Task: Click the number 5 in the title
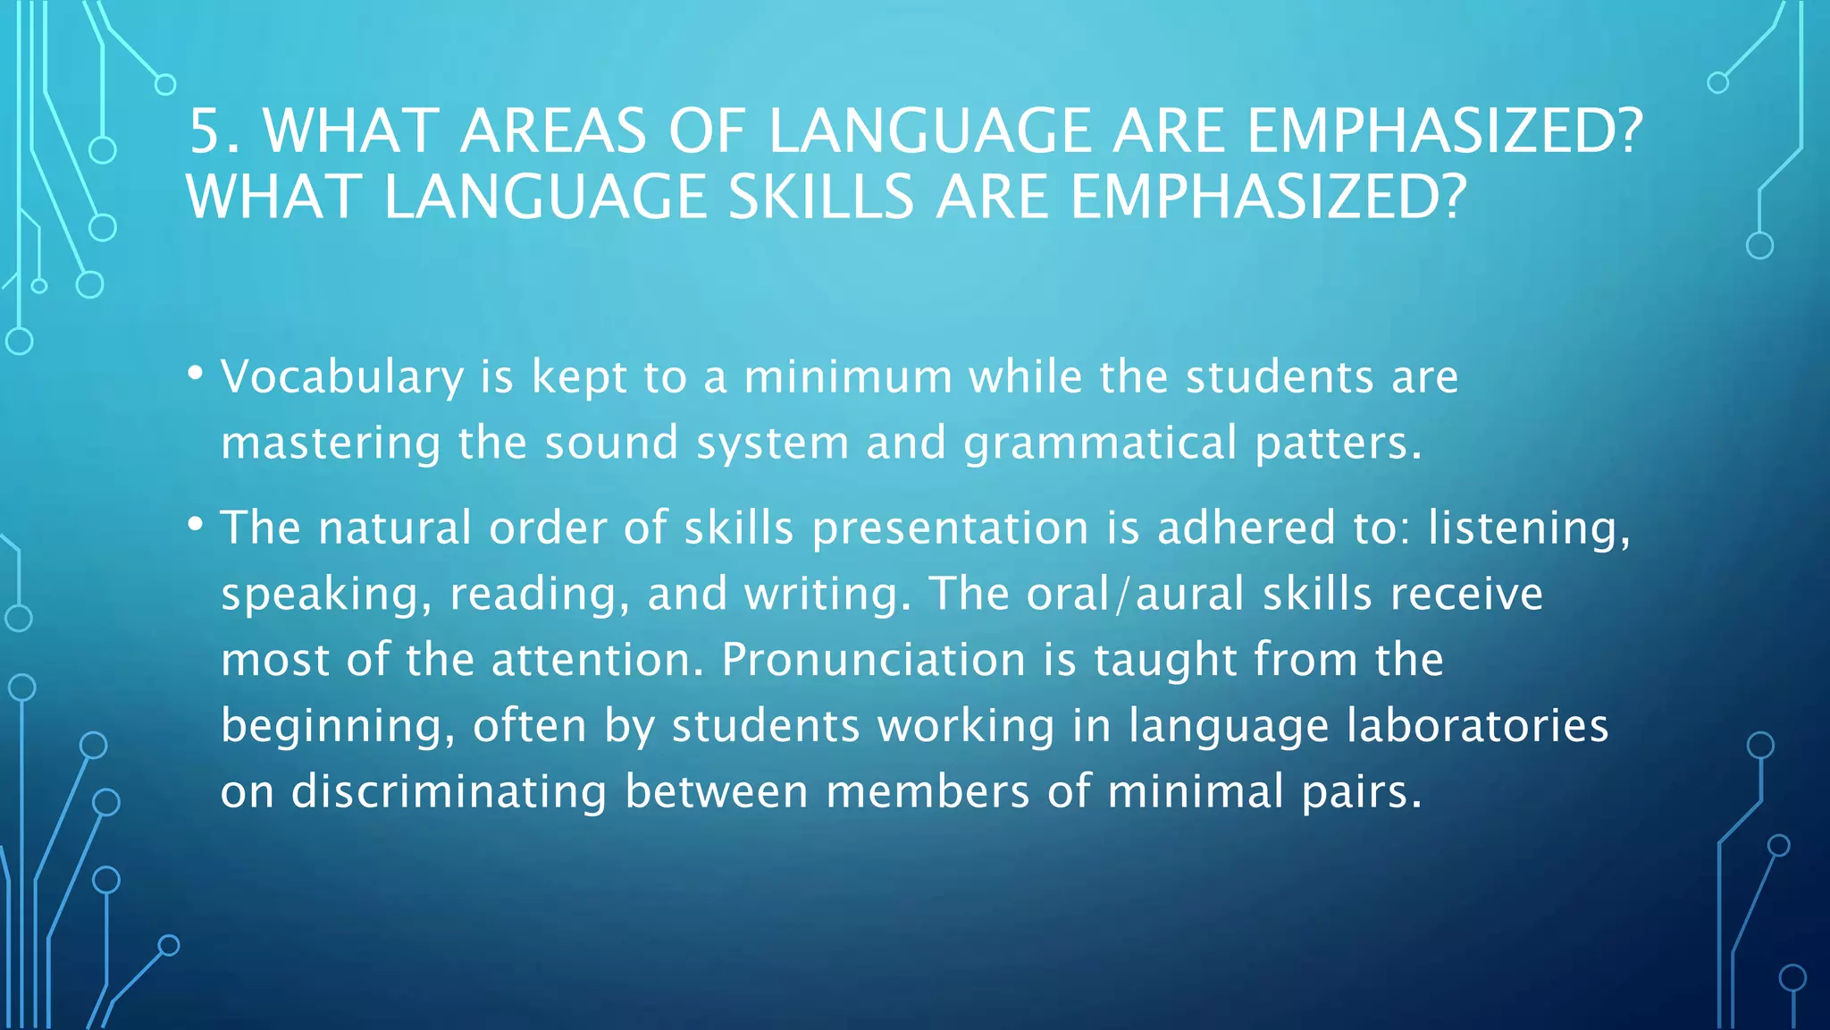pos(205,131)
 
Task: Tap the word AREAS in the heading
pos(553,131)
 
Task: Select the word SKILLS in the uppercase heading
pos(821,198)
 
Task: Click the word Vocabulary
pos(342,377)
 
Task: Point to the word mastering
pos(331,443)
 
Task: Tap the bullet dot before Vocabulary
pos(196,373)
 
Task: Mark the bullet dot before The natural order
pos(196,524)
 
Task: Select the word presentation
pos(950,528)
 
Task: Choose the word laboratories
pos(1477,726)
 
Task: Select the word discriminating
pos(449,792)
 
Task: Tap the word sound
pos(612,443)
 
